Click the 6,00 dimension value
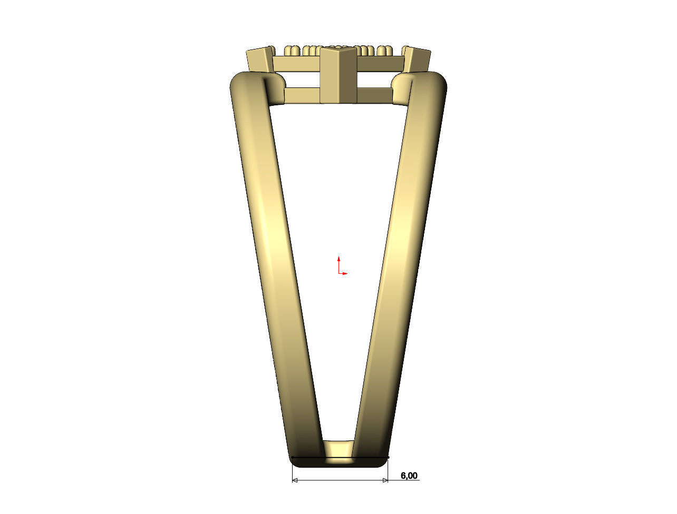(409, 476)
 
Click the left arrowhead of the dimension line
(295, 480)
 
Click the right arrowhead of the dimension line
(385, 480)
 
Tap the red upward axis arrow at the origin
(338, 259)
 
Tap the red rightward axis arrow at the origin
(345, 274)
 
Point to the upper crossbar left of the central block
(297, 64)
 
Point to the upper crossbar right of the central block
(381, 64)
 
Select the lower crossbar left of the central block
(302, 95)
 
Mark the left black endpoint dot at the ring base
(292, 458)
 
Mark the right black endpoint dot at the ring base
(389, 457)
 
